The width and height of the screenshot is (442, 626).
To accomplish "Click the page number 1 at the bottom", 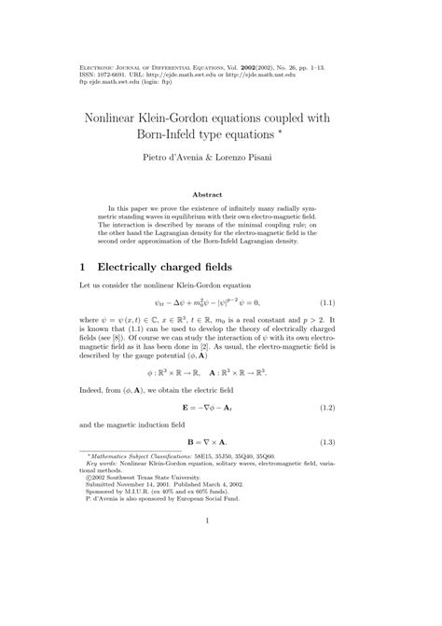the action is (221, 587).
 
